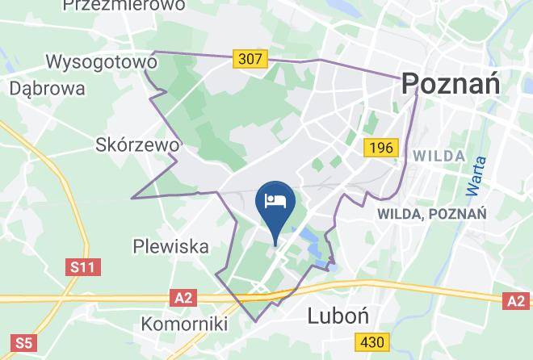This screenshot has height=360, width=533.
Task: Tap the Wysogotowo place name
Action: [x=101, y=62]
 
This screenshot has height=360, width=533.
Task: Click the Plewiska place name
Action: [x=170, y=246]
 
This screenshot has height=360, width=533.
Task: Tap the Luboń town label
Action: [x=338, y=316]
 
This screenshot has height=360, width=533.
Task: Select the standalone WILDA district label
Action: [x=439, y=156]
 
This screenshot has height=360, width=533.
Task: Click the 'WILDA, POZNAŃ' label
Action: [x=431, y=214]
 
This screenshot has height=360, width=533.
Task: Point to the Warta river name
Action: [x=477, y=178]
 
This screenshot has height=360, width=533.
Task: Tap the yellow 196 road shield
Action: [x=380, y=148]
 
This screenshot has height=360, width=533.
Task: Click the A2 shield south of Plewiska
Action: [x=183, y=299]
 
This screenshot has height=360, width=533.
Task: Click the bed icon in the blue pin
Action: [x=276, y=199]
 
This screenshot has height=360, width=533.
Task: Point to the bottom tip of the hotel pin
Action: [x=276, y=243]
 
